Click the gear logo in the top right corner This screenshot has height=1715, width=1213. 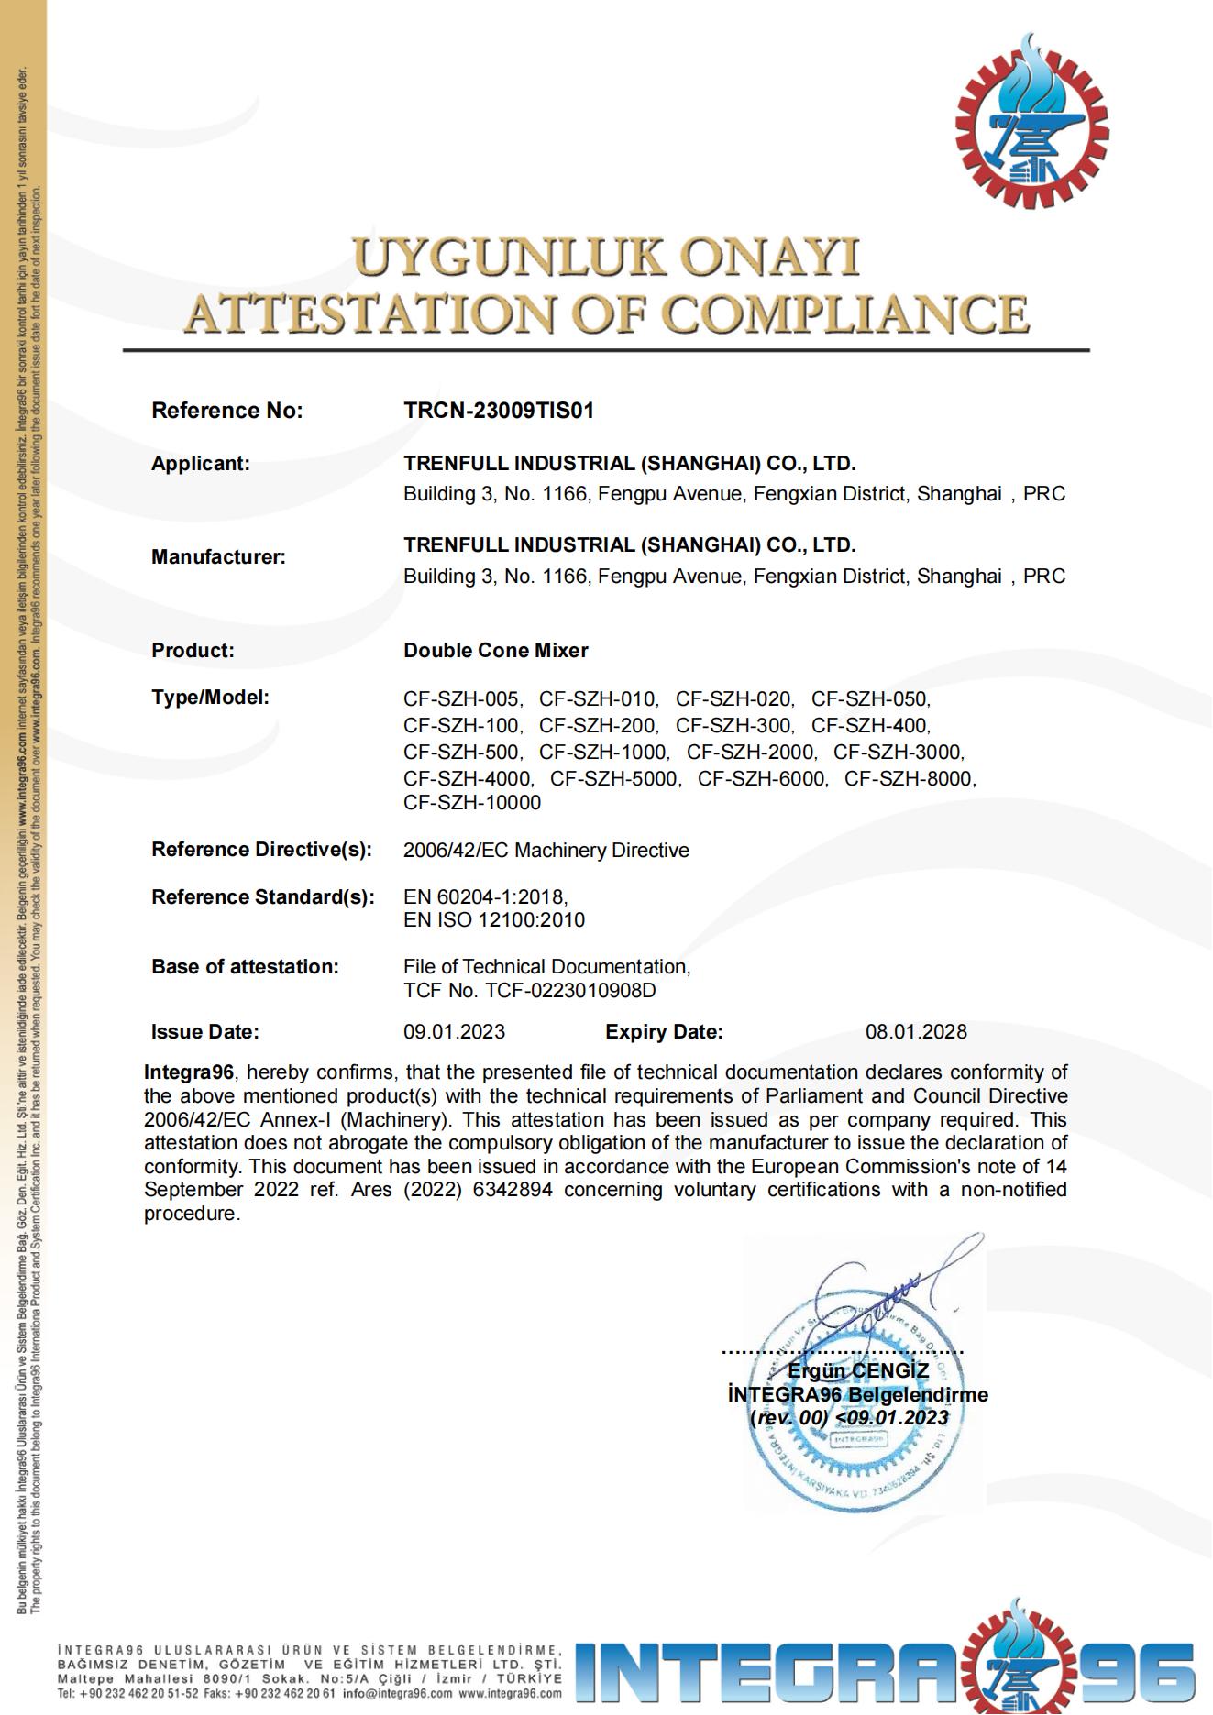(1031, 123)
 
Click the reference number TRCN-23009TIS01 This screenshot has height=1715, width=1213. (499, 411)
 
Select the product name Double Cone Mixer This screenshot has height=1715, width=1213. (495, 651)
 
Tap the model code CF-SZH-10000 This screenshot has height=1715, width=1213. (472, 803)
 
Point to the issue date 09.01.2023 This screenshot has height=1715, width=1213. (454, 1032)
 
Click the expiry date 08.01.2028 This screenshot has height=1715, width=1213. (916, 1032)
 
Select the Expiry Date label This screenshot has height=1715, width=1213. (664, 1032)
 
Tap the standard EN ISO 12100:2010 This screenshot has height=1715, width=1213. (494, 920)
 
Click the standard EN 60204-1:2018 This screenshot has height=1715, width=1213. (485, 896)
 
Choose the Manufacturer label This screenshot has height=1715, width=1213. (218, 557)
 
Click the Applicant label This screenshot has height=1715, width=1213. (200, 464)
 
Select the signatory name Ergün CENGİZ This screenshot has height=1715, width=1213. (858, 1371)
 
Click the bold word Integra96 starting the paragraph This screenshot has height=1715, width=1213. (189, 1072)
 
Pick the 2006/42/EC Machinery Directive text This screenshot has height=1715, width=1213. (546, 851)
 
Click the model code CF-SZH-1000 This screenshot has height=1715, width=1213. (604, 753)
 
